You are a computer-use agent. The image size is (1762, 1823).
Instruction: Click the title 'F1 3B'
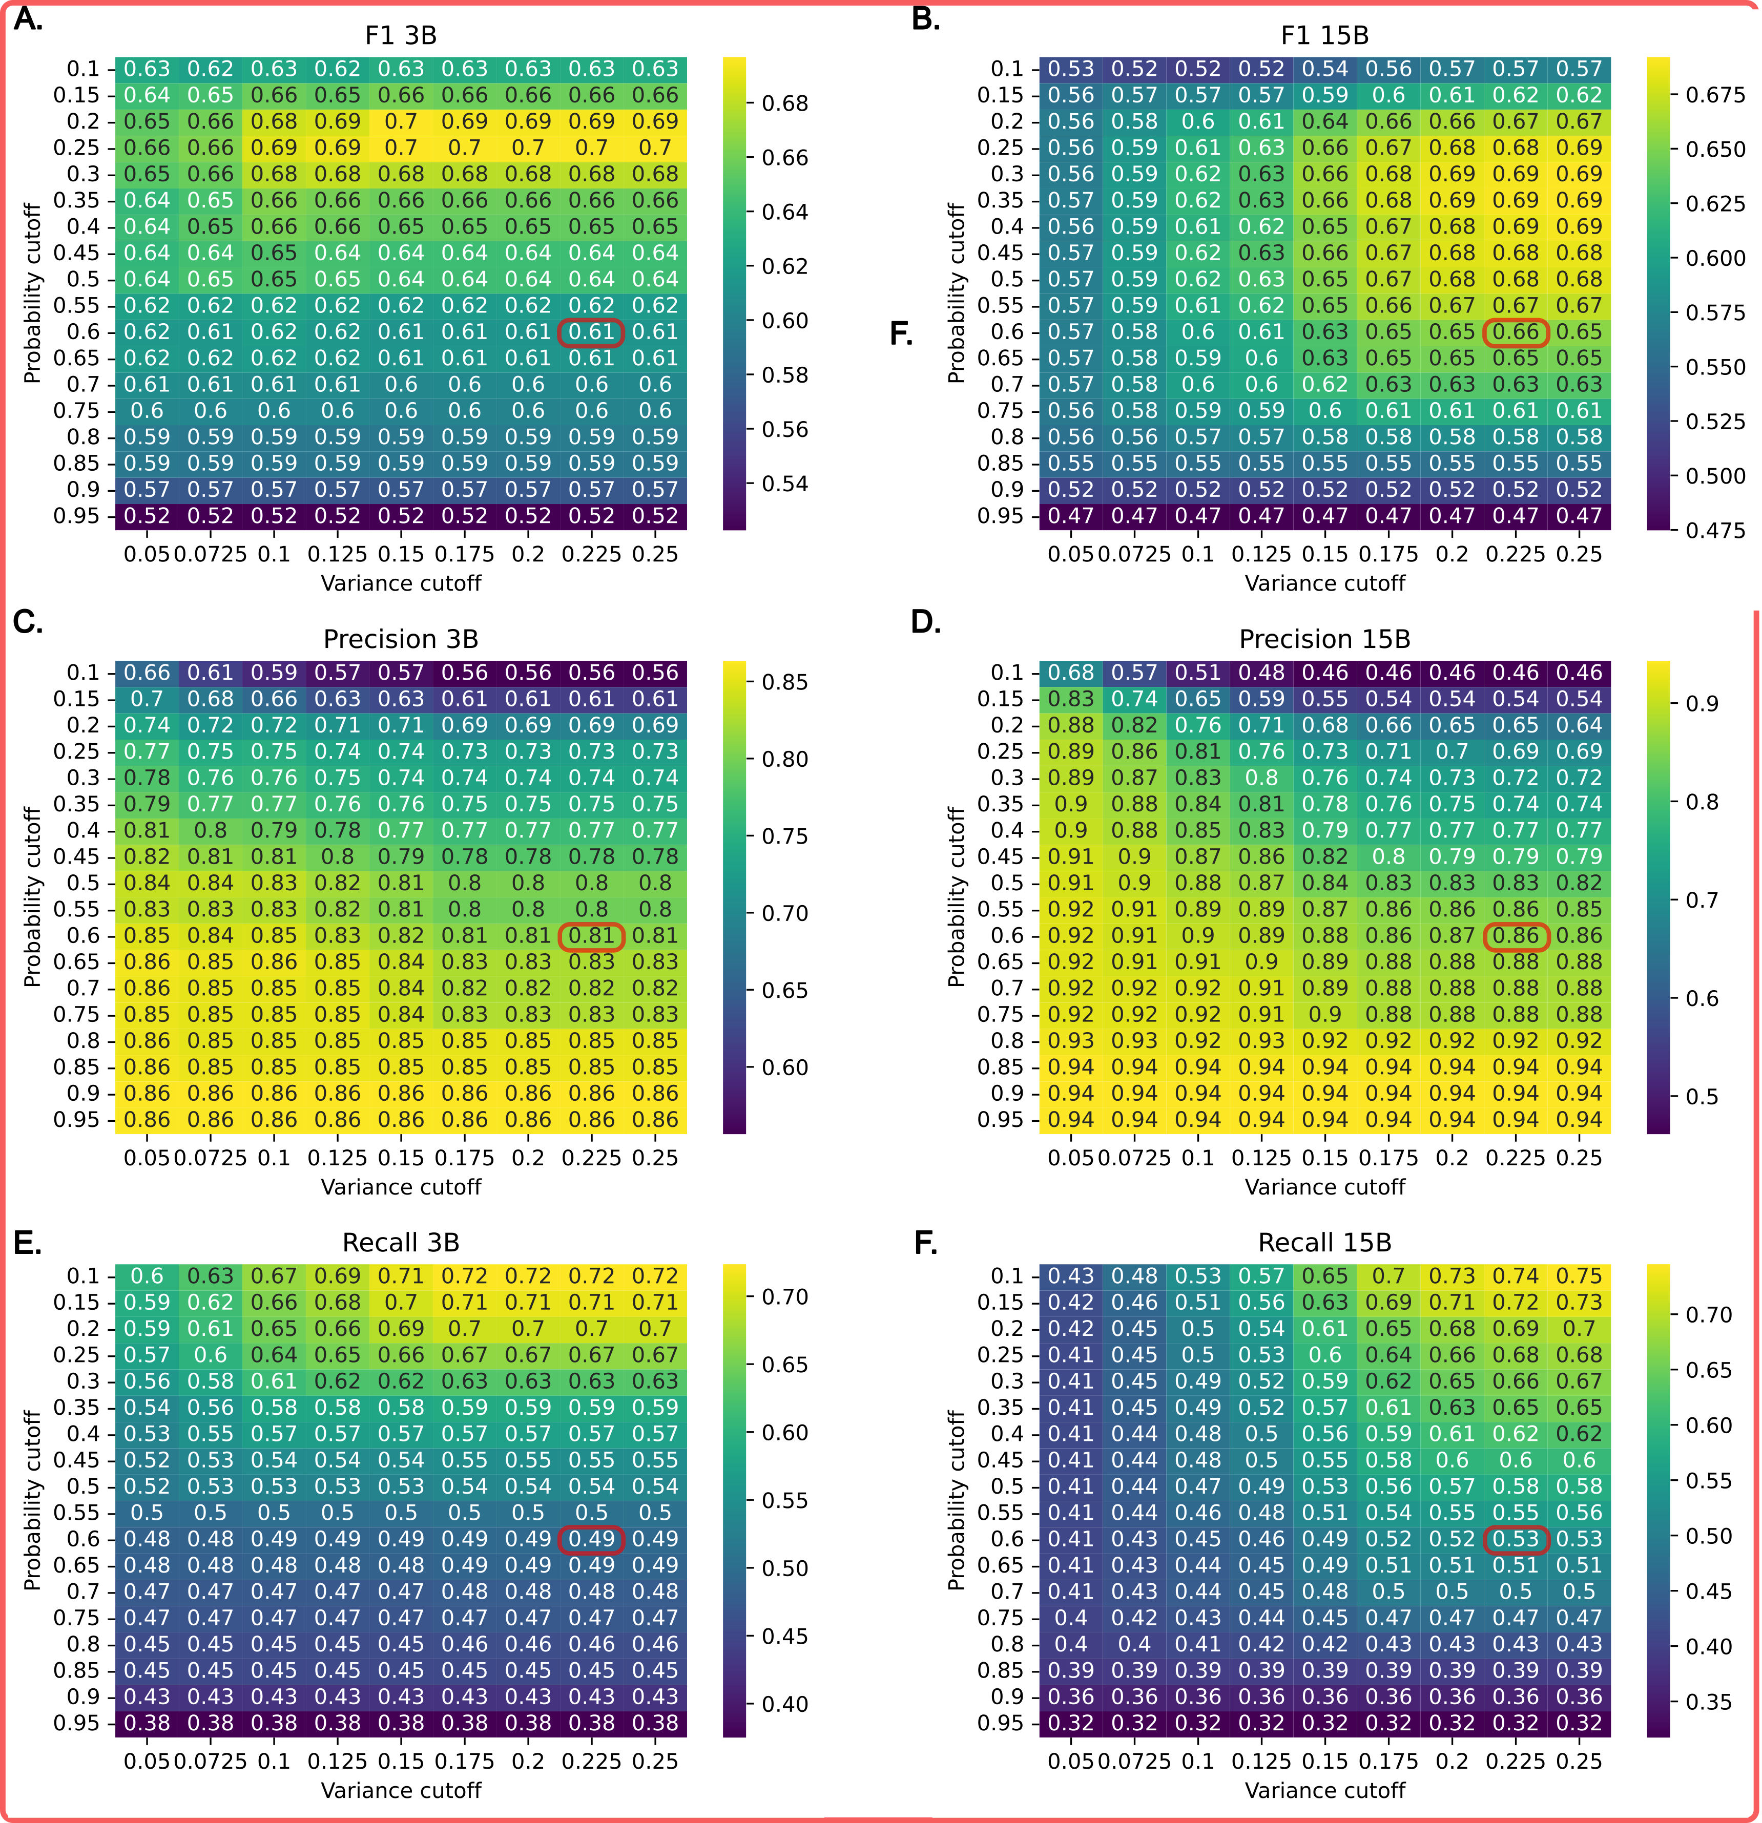(401, 35)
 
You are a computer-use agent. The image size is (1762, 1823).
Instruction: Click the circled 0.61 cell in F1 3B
(591, 332)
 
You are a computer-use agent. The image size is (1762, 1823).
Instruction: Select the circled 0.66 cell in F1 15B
(1516, 332)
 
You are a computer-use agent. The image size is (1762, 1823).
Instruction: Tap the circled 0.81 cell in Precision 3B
(591, 936)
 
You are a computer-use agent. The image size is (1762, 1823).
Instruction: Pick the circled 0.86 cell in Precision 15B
(1516, 936)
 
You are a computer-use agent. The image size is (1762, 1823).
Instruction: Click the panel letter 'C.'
(28, 621)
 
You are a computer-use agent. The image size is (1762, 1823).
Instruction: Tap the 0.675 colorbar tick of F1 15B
(1714, 95)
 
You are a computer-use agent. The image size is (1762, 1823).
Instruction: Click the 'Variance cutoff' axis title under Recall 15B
(1325, 1790)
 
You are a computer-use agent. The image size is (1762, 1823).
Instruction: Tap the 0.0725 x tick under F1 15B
(1134, 554)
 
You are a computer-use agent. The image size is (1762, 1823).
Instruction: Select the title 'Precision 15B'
(1325, 639)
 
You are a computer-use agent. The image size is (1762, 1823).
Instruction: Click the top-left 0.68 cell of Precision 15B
(1071, 673)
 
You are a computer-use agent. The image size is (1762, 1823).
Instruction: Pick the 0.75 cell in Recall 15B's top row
(1579, 1276)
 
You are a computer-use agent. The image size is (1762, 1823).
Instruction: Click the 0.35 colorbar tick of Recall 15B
(1709, 1702)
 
